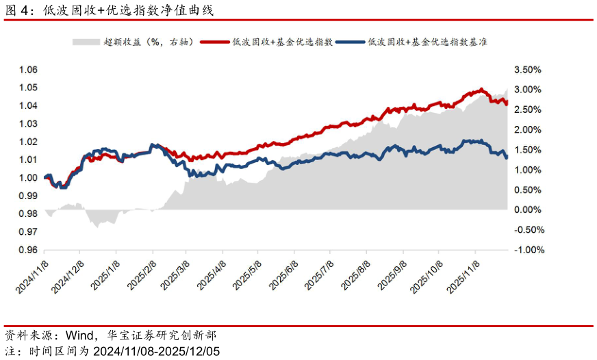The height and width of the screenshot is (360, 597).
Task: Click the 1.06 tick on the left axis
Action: point(28,70)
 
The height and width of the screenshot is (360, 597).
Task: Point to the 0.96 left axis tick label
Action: point(28,250)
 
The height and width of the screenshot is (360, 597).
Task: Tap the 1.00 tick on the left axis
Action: point(28,178)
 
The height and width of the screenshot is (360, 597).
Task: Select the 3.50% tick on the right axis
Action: point(527,70)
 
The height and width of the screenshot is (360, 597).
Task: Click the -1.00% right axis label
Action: point(529,250)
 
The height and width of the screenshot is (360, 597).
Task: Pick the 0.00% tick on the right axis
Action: point(527,209)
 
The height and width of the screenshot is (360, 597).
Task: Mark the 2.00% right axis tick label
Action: point(527,130)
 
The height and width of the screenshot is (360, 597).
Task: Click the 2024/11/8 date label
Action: point(32,277)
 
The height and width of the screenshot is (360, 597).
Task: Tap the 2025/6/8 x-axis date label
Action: point(283,276)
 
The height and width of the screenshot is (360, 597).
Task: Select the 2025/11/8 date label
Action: point(463,277)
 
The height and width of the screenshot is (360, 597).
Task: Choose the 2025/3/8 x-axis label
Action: point(175,276)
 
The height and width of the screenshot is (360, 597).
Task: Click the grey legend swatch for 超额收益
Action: point(86,42)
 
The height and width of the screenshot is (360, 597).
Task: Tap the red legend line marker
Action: point(215,42)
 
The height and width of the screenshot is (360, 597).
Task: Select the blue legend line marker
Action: point(351,42)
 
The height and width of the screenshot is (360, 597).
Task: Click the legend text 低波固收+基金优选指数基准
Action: point(427,42)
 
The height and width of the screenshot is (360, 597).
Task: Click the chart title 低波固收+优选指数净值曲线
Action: point(128,10)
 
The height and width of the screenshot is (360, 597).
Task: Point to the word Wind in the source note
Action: point(79,335)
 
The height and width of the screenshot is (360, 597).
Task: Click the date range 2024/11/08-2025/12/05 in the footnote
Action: point(157,351)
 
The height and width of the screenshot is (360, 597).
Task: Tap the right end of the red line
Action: point(507,102)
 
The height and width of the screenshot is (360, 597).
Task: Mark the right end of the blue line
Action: point(507,157)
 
